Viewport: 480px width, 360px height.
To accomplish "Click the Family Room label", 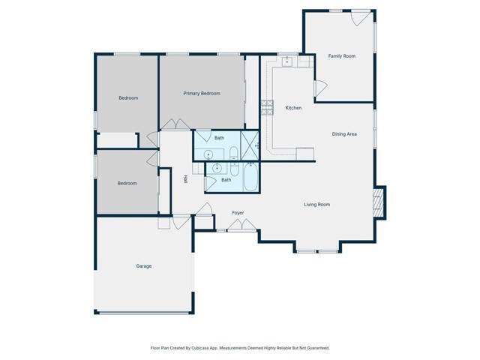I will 341,56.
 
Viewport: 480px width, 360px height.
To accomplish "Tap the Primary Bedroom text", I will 202,93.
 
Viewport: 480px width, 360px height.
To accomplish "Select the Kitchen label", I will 293,108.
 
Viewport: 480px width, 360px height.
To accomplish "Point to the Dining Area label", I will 344,133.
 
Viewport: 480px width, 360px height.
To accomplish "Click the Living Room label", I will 316,204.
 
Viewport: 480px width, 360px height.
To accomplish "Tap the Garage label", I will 143,266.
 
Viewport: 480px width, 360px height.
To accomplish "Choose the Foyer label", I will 238,213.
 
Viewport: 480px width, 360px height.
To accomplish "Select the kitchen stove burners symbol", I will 266,107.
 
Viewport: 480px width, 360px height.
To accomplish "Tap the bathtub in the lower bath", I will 250,178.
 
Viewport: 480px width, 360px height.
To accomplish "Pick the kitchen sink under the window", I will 286,61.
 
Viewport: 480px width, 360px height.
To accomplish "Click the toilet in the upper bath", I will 233,154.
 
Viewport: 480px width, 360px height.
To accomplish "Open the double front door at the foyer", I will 241,226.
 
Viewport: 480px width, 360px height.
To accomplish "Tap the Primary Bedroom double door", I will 176,124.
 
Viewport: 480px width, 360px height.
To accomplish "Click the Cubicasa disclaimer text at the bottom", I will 239,348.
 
